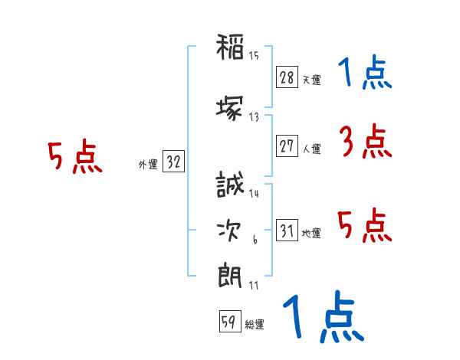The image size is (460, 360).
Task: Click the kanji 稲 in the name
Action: tap(230, 47)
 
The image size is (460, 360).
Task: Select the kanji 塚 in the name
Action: tap(229, 109)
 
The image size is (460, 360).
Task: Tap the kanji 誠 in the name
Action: tap(230, 184)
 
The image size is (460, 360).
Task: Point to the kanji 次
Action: tap(229, 231)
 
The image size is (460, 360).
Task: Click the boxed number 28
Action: tap(287, 77)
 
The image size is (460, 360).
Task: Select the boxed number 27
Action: tap(287, 146)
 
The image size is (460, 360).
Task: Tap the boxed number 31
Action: tap(287, 230)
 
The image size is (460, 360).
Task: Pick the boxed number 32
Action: tap(173, 162)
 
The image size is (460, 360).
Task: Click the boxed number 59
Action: tap(230, 321)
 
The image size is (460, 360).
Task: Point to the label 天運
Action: tap(311, 80)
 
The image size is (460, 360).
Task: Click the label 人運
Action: tap(312, 149)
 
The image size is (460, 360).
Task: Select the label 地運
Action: tap(311, 233)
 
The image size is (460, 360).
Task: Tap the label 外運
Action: tap(148, 165)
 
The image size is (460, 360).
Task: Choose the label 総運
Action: tap(255, 324)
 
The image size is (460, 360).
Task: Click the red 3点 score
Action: tap(366, 141)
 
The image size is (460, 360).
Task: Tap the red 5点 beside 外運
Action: tap(75, 156)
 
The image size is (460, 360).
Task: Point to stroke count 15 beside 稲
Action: tap(254, 56)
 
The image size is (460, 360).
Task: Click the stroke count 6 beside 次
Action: tap(255, 240)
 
